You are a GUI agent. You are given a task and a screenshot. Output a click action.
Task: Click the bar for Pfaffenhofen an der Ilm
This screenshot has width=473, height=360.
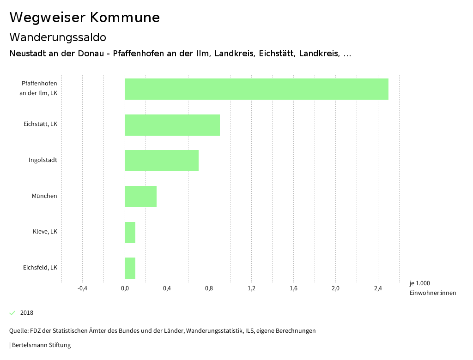[256, 89]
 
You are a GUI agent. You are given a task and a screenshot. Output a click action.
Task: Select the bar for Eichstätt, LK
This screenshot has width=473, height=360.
[172, 125]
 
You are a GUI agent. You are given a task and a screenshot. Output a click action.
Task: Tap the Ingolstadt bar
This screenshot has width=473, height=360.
[161, 161]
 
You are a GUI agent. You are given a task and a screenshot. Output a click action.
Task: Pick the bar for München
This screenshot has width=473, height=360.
[140, 197]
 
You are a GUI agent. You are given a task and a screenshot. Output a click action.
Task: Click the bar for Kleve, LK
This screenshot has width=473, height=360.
[130, 233]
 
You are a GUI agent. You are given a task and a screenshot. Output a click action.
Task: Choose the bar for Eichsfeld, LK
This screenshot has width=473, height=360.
[130, 268]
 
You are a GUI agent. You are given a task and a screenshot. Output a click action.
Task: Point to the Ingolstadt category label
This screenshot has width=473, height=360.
[43, 160]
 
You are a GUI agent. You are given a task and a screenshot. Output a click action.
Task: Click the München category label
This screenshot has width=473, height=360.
[44, 196]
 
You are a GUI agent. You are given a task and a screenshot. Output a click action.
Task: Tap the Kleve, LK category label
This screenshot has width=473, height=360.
[45, 232]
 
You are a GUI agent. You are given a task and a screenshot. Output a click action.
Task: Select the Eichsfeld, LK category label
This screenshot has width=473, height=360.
[40, 268]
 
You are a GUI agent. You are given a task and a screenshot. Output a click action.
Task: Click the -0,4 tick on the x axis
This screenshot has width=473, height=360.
[82, 289]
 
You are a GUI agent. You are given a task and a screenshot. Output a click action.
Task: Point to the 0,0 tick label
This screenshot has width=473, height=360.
[125, 289]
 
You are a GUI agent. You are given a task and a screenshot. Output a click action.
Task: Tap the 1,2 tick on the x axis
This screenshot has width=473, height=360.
[251, 289]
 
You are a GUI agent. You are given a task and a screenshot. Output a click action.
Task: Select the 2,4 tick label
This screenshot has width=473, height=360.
[378, 289]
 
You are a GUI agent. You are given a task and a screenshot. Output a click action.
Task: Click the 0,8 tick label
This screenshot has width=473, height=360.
[209, 289]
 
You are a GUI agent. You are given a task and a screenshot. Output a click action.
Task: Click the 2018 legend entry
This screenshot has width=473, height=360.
[27, 313]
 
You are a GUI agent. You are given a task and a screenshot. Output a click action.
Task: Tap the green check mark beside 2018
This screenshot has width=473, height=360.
[12, 313]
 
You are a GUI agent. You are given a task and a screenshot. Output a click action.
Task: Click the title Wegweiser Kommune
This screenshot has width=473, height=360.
[85, 18]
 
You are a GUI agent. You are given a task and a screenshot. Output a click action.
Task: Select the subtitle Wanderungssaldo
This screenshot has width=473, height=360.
[58, 37]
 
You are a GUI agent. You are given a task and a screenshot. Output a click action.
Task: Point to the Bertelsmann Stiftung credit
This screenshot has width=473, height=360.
[41, 345]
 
